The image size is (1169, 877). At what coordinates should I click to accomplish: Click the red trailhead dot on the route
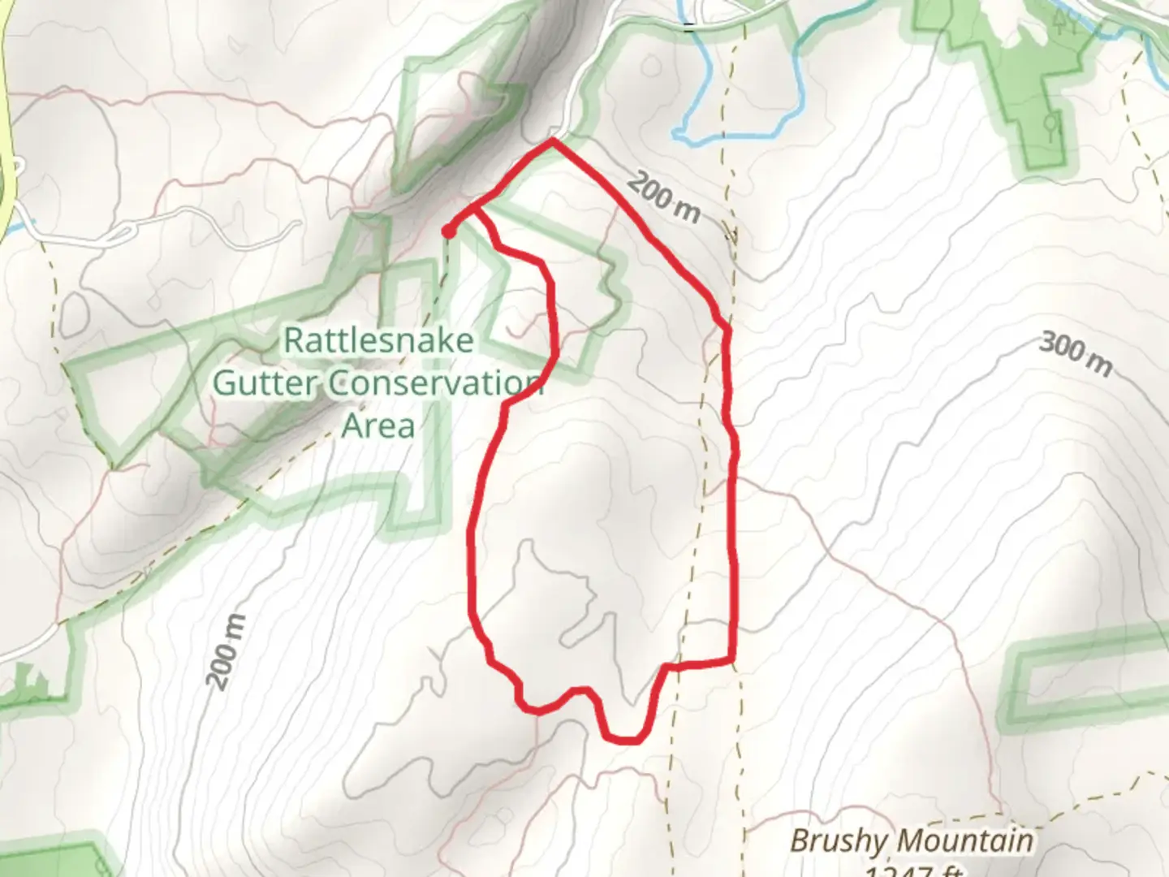(x=448, y=232)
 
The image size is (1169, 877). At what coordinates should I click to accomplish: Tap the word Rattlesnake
(x=378, y=340)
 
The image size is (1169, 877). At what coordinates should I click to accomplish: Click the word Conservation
(x=436, y=382)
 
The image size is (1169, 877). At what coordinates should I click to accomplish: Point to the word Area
(x=378, y=425)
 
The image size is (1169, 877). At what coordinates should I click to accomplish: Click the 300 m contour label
(x=1076, y=354)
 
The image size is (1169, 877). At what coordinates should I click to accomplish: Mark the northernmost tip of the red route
(x=552, y=140)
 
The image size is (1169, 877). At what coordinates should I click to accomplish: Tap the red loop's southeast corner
(x=732, y=659)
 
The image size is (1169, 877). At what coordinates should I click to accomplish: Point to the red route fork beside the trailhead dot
(x=474, y=208)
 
